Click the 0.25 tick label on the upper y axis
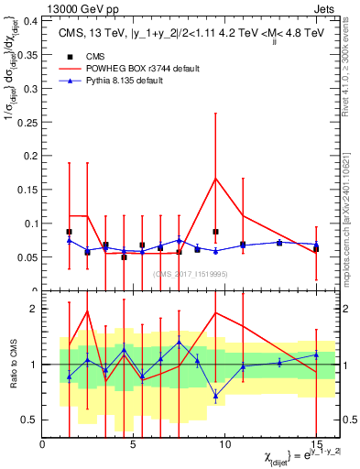27,121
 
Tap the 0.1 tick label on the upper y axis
31,224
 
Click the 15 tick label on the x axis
314,443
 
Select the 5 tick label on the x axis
134,443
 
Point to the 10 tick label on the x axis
224,443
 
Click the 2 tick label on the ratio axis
35,309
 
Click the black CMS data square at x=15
315,248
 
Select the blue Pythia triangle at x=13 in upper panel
279,243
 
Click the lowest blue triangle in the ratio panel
215,396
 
